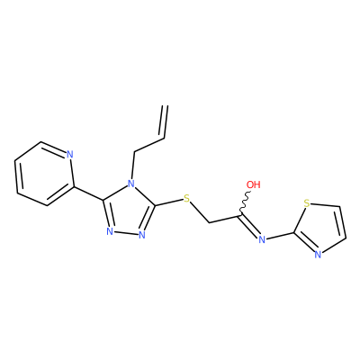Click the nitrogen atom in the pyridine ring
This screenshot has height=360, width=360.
click(69, 155)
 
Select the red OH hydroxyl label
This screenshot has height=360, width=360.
click(254, 184)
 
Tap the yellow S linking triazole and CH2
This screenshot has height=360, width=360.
click(187, 198)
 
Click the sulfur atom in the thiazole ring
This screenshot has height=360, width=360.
click(306, 203)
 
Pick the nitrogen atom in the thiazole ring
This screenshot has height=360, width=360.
click(319, 255)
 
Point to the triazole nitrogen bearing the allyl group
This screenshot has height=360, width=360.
click(131, 184)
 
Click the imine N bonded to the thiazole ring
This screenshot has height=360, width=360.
click(262, 239)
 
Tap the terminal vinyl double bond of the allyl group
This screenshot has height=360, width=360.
click(165, 121)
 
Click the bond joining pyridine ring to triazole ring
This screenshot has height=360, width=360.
click(89, 193)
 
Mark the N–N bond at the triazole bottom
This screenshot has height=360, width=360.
click(126, 233)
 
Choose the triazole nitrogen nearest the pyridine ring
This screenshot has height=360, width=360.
click(110, 231)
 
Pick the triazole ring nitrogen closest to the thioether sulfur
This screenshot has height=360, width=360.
click(142, 234)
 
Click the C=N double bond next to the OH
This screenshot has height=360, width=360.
click(249, 226)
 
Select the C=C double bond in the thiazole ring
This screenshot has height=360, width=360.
click(342, 222)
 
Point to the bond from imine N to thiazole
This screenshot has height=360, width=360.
click(280, 236)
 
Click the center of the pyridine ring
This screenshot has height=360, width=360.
click(44, 174)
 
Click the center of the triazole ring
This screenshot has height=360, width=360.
click(129, 211)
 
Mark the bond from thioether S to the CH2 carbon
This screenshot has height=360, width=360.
click(200, 212)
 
